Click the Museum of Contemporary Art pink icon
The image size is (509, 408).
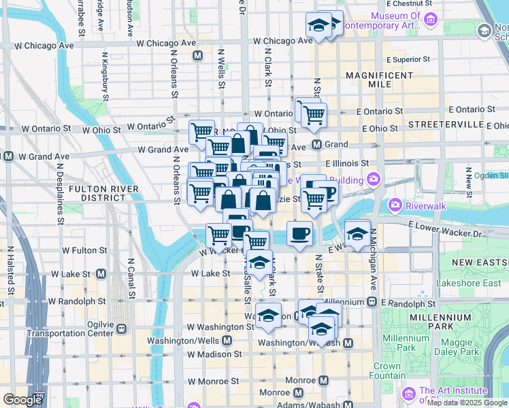click(431, 20)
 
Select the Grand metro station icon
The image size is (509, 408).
click(316, 144)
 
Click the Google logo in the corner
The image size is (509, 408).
click(23, 400)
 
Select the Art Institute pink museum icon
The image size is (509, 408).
click(408, 394)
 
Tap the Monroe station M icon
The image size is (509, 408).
click(324, 380)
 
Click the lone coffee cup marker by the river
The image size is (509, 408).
click(299, 234)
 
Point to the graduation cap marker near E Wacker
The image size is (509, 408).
click(357, 233)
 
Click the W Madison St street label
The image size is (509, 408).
click(214, 354)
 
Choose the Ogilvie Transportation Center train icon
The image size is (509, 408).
click(121, 328)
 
